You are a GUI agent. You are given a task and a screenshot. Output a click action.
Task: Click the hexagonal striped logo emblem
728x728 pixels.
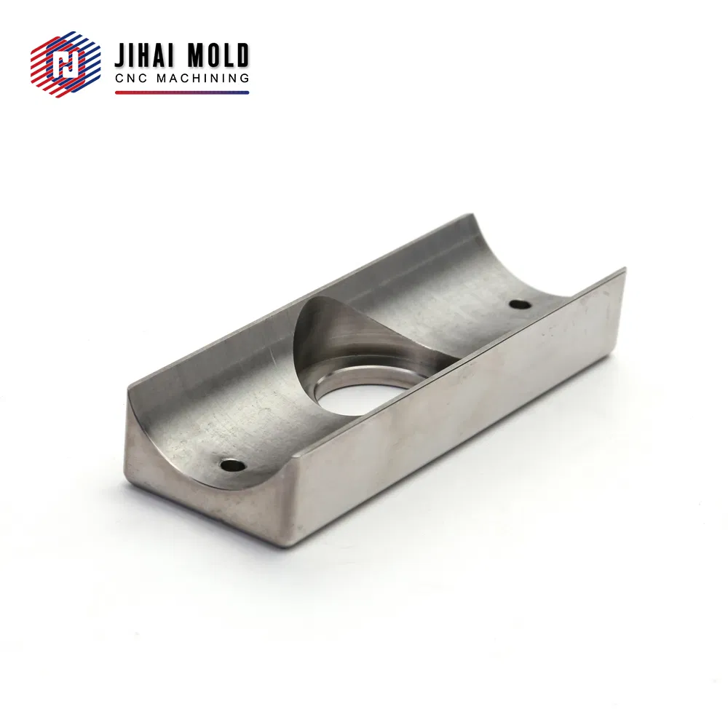66,65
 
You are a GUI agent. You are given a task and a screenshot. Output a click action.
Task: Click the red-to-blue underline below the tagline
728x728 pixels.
182,92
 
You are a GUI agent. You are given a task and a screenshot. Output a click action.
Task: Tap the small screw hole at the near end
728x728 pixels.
232,464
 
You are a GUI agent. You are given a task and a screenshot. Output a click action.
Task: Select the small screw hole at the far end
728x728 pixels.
518,304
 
